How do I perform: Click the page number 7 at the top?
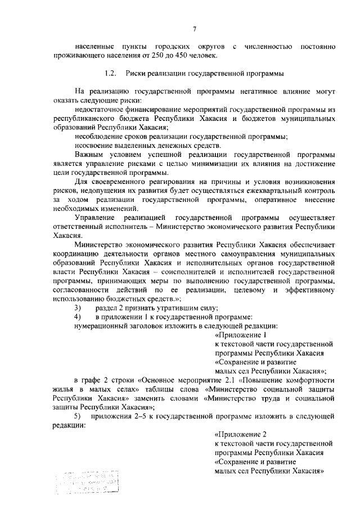pos(194,29)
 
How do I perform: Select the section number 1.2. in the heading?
pos(111,73)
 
